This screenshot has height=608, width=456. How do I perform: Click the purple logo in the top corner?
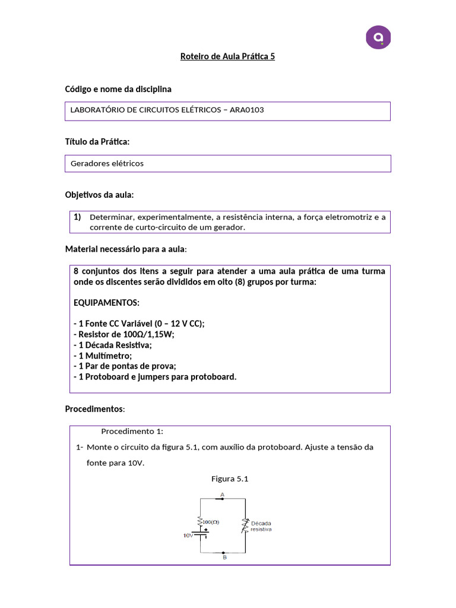378,37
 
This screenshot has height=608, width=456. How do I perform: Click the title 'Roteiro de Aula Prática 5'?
227,57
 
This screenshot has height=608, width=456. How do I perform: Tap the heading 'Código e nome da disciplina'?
118,89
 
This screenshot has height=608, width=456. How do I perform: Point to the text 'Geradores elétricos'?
107,163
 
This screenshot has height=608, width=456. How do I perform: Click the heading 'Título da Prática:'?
97,142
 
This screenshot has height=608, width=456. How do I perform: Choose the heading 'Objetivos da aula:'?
99,195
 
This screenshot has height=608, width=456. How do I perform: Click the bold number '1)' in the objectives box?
77,217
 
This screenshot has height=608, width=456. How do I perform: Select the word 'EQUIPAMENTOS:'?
106,303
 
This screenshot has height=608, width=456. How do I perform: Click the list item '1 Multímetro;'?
103,356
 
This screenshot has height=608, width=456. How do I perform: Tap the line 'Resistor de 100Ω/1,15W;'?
124,334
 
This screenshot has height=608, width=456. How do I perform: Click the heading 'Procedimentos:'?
94,410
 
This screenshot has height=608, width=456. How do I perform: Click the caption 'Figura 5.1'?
229,479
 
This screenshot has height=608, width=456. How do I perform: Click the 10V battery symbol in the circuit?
202,534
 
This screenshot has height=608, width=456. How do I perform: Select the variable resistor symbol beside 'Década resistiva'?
243,525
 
